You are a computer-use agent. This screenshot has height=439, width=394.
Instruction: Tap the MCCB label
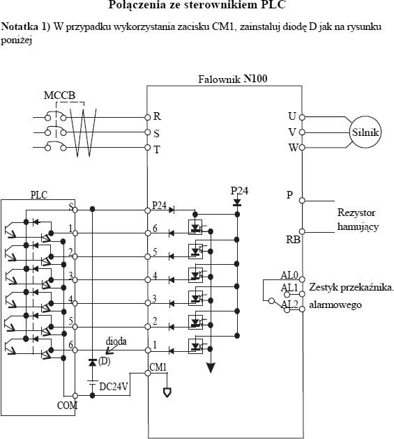pyautogui.click(x=59, y=95)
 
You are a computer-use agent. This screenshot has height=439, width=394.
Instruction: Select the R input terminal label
pyautogui.click(x=157, y=116)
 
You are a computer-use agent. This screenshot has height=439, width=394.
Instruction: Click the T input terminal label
pyautogui.click(x=157, y=150)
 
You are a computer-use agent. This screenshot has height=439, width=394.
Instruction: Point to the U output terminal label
pyautogui.click(x=292, y=116)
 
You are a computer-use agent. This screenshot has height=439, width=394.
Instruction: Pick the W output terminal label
pyautogui.click(x=293, y=148)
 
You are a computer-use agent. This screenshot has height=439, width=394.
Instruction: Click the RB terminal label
pyautogui.click(x=293, y=240)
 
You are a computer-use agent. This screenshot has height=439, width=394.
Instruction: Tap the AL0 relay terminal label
pyautogui.click(x=289, y=275)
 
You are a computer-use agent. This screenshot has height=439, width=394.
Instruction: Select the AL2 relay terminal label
pyautogui.click(x=289, y=305)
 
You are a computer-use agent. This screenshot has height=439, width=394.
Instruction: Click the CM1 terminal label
pyautogui.click(x=158, y=367)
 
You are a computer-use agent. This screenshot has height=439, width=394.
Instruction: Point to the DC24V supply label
pyautogui.click(x=114, y=387)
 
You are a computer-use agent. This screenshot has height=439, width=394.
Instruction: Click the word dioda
pyautogui.click(x=116, y=341)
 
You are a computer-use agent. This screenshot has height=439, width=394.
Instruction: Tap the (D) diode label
pyautogui.click(x=104, y=361)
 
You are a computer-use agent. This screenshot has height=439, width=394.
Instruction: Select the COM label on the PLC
pyautogui.click(x=67, y=405)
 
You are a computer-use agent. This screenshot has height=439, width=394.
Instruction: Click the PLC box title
pyautogui.click(x=39, y=195)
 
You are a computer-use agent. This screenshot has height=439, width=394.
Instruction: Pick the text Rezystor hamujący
pyautogui.click(x=358, y=219)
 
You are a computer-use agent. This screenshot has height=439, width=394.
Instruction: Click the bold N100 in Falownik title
pyautogui.click(x=255, y=78)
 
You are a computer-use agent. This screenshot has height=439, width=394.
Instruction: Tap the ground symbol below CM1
pyautogui.click(x=167, y=392)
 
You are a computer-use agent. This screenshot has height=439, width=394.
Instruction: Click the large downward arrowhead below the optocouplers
pyautogui.click(x=211, y=368)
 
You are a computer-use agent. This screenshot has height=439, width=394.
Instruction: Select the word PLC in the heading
pyautogui.click(x=273, y=5)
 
